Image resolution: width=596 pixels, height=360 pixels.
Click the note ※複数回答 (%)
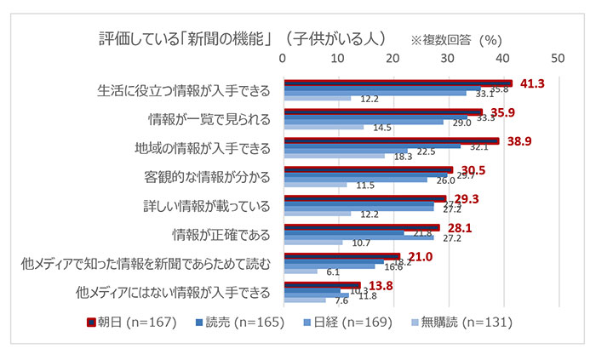coord(456,40)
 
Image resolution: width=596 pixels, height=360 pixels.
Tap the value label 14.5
coord(381,128)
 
